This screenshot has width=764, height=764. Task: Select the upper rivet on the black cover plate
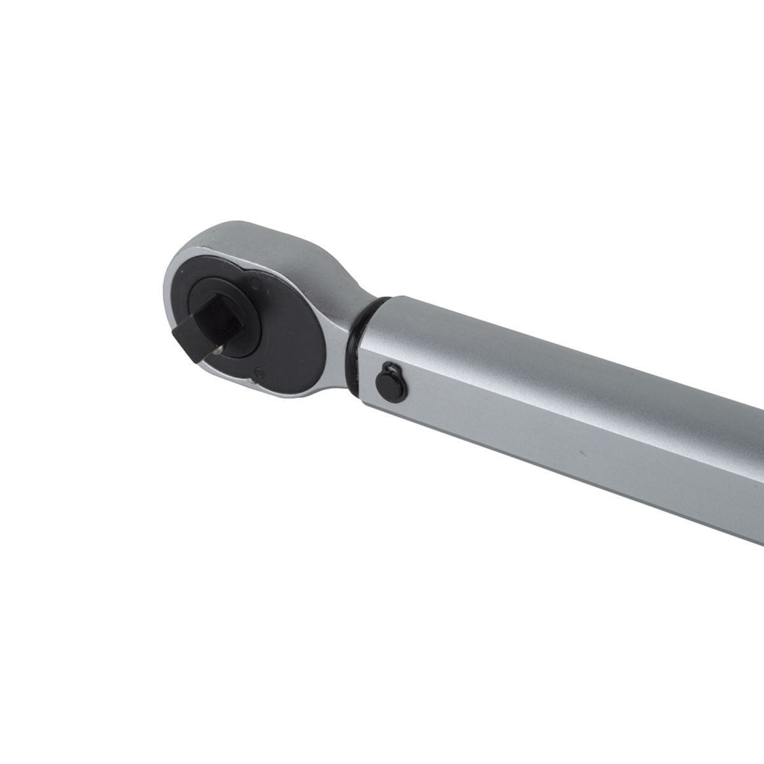(254, 278)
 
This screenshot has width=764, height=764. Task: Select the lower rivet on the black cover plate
(258, 373)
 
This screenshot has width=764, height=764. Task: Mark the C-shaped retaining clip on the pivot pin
(392, 367)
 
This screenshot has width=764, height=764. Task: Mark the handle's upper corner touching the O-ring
(391, 297)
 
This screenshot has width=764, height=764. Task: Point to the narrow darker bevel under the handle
(573, 484)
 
